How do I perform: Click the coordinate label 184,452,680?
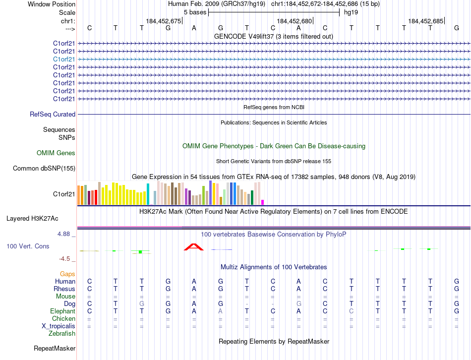[294, 21]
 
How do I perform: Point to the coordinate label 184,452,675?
[164, 21]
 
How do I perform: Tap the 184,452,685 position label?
[425, 21]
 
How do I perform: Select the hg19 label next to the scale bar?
[351, 12]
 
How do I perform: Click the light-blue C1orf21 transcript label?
[64, 59]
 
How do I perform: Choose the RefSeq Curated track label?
[53, 115]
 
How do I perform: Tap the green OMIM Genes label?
[56, 153]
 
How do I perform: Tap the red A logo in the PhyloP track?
[193, 247]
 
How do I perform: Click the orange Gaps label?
[67, 274]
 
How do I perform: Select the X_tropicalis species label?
[59, 326]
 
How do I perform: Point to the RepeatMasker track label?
[55, 349]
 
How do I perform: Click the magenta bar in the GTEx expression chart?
[262, 202]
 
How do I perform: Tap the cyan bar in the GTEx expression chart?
[148, 194]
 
